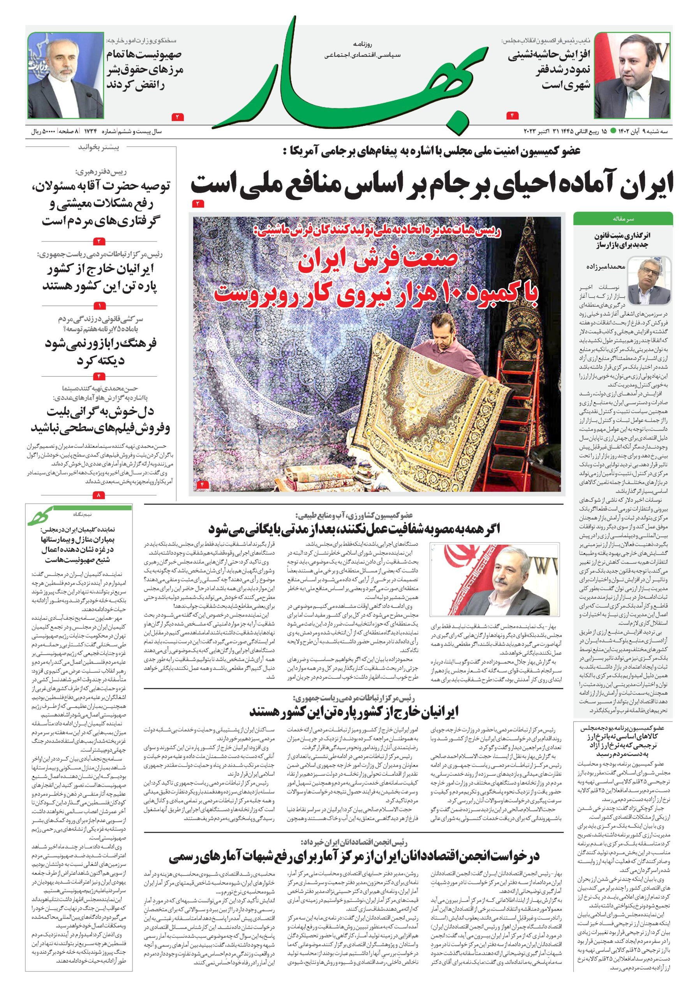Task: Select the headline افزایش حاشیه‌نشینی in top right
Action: (x=549, y=69)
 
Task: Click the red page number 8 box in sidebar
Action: (x=99, y=495)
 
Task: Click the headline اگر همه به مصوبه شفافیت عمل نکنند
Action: (x=354, y=529)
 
